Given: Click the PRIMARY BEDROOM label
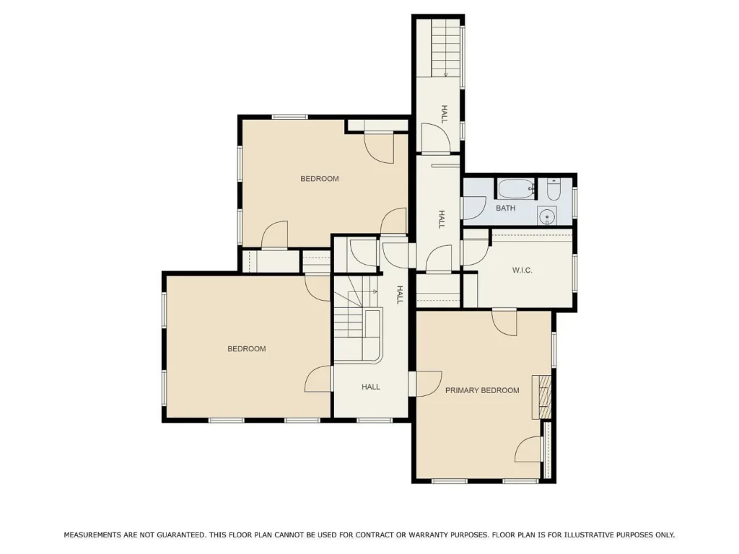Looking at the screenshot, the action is pos(482,390).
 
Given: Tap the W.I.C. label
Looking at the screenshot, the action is pos(522,271).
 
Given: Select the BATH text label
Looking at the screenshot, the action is pos(505,208).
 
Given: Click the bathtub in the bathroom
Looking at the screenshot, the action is pos(517,190).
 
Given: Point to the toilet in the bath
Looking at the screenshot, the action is pos(554,190).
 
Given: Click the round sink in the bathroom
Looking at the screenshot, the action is pos(547,216).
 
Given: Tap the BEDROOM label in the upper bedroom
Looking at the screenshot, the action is pos(320,179).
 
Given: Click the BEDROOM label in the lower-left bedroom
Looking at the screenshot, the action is pos(247,349).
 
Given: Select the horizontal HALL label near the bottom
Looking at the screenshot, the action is pos(371,387).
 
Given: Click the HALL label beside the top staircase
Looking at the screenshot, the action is pos(444,115).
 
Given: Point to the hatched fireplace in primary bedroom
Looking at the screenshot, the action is pos(541,397).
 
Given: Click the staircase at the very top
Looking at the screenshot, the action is pos(445,48).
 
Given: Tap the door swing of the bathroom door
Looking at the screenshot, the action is pos(474,208).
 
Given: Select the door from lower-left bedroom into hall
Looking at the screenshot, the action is pos(318,379).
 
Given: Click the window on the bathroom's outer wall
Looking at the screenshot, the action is pos(575,203).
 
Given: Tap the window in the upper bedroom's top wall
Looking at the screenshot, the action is pos(290,117).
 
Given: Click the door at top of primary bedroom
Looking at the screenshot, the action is pos(504,322).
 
